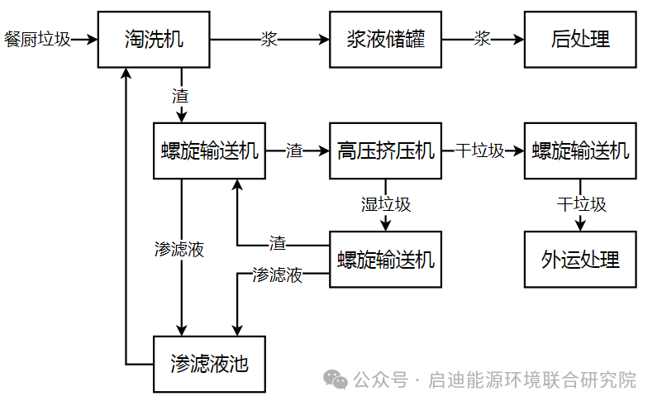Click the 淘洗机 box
coord(153,39)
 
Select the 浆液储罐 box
coord(384,39)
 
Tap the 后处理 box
coord(579,39)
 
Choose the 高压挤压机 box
coord(384,150)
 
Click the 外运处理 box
coord(579,259)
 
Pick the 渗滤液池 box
coord(209,364)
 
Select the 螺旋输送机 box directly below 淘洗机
coord(209,150)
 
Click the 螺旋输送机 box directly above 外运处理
coord(579,150)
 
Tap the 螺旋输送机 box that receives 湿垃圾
coord(384,259)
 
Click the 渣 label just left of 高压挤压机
coord(294,150)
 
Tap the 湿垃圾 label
coord(385,204)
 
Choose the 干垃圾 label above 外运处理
coord(581,204)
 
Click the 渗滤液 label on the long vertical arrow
coord(179,249)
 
